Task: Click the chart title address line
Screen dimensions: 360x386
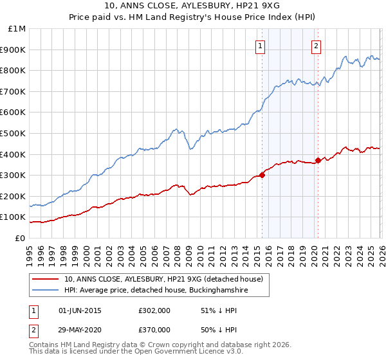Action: click(193, 6)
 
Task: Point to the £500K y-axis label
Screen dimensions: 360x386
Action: click(14, 133)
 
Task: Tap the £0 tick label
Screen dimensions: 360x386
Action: click(21, 238)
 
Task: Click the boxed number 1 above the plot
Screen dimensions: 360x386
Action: click(260, 46)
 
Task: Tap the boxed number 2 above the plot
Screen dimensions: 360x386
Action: click(317, 46)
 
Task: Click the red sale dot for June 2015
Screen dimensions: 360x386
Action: click(262, 175)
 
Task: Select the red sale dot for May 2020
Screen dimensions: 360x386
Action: click(318, 161)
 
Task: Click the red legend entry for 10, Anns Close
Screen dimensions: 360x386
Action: click(163, 280)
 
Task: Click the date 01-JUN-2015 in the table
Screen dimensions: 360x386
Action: click(80, 310)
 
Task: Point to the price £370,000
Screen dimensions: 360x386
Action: click(154, 329)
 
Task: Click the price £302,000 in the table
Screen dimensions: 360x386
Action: click(154, 310)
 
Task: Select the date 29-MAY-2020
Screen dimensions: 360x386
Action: click(80, 329)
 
